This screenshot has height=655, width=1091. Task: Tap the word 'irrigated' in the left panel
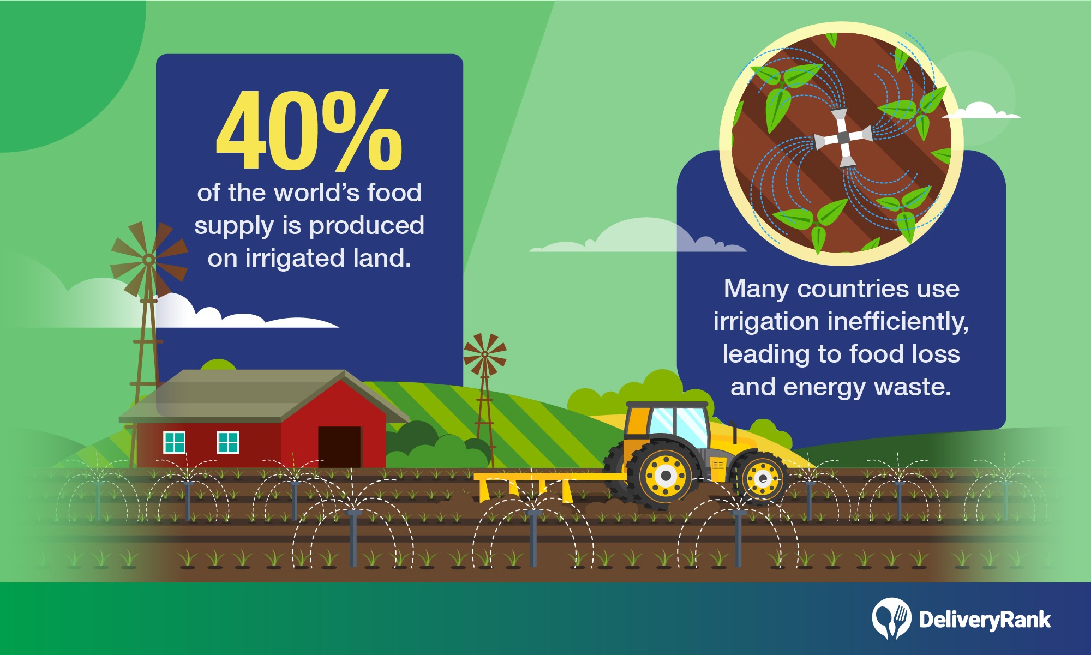[295, 259]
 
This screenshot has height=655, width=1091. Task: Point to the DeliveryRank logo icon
[891, 618]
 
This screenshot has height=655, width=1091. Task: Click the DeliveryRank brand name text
[985, 620]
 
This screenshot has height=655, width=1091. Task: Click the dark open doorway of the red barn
[339, 447]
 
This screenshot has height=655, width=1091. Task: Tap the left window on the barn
[175, 442]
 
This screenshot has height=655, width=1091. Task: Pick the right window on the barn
[228, 442]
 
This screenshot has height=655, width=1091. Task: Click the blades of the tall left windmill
[148, 259]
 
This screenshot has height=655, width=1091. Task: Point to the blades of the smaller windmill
[484, 355]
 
